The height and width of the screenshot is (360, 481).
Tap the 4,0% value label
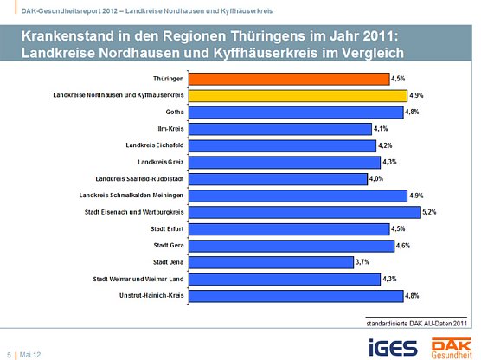[376, 178]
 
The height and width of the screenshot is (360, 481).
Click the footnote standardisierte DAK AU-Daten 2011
[417, 323]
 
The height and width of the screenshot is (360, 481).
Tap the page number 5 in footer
[9, 354]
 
